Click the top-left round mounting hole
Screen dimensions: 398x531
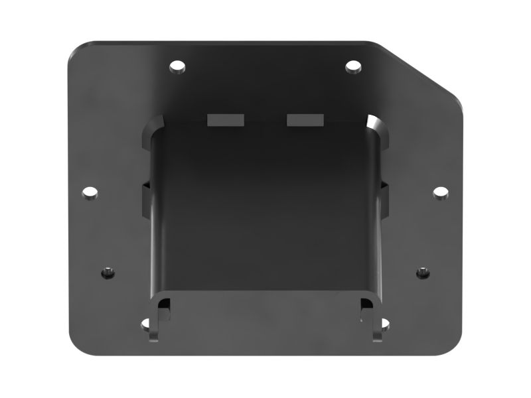point(177,66)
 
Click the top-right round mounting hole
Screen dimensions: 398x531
point(353,66)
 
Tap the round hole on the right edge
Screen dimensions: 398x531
point(441,192)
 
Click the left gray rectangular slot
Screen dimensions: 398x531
point(226,119)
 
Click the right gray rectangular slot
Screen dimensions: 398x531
point(305,119)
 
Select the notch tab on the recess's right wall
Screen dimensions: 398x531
point(384,197)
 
